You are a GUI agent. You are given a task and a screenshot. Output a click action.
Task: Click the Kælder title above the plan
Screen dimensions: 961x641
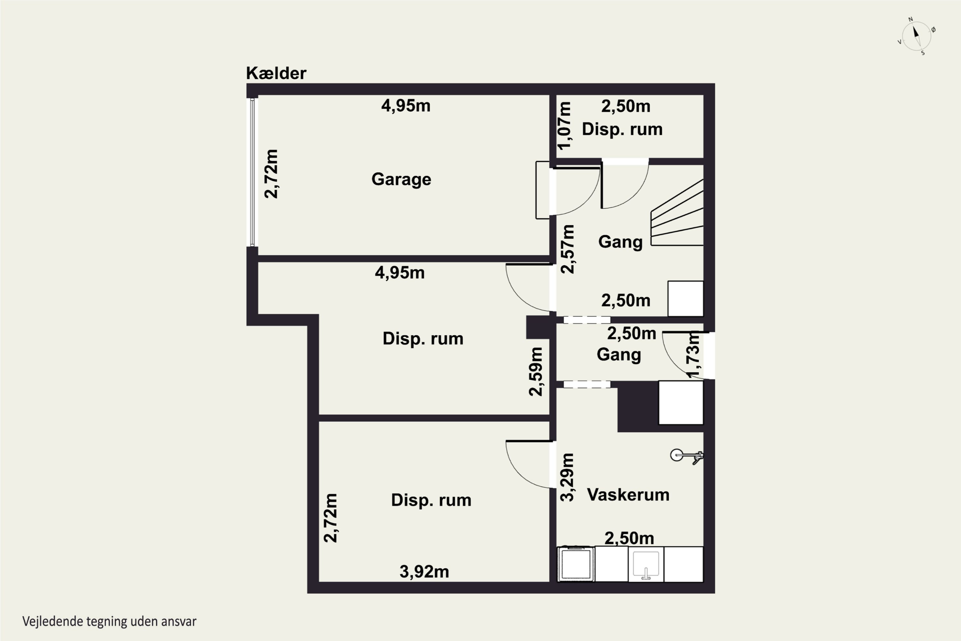(x=276, y=73)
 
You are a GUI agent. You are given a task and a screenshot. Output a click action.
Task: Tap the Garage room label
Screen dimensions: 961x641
(x=401, y=179)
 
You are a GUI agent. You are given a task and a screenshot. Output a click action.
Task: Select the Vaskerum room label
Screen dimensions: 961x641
(x=628, y=495)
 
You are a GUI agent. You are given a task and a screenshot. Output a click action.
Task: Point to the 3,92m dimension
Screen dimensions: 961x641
(x=424, y=571)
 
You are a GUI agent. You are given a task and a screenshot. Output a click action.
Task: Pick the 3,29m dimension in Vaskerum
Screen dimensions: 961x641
(x=567, y=477)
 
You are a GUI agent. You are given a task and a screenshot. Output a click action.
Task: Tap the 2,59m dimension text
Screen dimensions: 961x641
(x=536, y=371)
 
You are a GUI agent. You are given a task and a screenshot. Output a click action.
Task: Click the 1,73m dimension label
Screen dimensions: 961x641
(x=694, y=354)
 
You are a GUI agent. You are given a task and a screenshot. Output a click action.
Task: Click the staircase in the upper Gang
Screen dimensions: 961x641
(x=677, y=212)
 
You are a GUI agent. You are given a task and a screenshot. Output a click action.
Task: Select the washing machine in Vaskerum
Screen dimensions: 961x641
(x=576, y=564)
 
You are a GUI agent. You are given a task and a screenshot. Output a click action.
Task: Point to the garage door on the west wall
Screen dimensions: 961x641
(x=252, y=172)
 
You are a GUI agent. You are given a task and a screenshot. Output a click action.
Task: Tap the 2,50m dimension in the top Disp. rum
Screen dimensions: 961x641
(x=626, y=106)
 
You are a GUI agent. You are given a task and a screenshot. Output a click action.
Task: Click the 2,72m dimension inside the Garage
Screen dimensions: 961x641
(x=271, y=174)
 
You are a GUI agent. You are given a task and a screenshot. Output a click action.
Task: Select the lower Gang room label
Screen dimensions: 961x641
(x=619, y=355)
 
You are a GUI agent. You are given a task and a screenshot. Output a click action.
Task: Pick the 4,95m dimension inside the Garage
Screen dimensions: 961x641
(x=406, y=106)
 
